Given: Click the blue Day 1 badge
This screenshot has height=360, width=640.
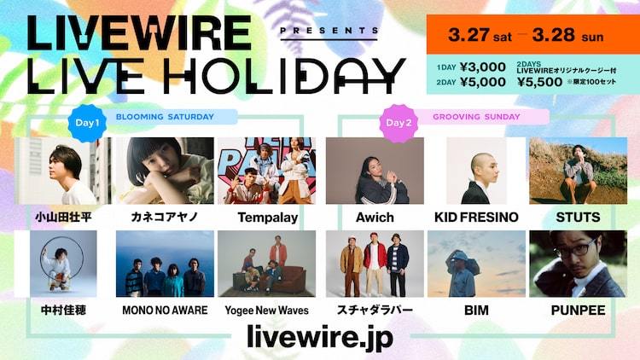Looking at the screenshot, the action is (87, 123).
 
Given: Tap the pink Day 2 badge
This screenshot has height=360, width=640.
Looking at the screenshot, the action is (399, 123).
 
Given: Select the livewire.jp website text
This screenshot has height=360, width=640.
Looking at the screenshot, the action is (320, 337).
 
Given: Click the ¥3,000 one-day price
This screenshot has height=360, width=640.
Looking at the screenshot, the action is (483, 67).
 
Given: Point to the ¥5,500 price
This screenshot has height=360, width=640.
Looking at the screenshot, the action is (539, 82).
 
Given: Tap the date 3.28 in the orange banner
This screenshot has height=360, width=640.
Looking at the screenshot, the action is (554, 35).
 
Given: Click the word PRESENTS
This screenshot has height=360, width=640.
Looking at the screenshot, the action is (329, 31).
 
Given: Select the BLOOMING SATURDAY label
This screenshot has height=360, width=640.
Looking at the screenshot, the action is (165, 117).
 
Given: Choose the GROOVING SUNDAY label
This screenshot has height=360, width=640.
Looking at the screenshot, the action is (476, 117).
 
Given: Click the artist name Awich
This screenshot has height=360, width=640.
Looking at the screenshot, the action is (375, 218).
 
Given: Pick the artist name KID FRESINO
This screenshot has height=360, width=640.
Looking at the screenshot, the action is (476, 218).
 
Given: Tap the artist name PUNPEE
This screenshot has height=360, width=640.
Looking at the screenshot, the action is (578, 311).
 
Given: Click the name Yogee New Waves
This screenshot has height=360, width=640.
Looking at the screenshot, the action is (266, 311).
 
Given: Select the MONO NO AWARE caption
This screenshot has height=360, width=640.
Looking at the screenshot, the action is (165, 311).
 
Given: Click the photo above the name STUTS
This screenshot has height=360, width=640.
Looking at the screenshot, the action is (578, 171).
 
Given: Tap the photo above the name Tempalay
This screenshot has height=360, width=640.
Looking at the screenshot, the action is (266, 171).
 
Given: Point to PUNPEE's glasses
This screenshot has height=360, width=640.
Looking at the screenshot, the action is (576, 248).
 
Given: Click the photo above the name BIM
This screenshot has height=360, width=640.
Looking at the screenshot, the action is (476, 264).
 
